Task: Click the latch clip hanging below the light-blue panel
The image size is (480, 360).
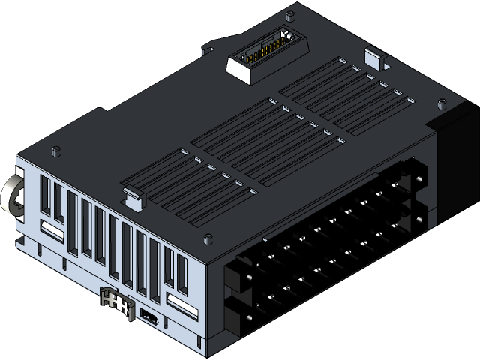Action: click(115, 301)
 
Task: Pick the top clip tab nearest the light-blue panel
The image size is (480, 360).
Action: click(132, 196)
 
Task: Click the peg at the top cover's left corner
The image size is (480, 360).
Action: click(55, 151)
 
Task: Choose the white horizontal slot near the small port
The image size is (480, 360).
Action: click(181, 304)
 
